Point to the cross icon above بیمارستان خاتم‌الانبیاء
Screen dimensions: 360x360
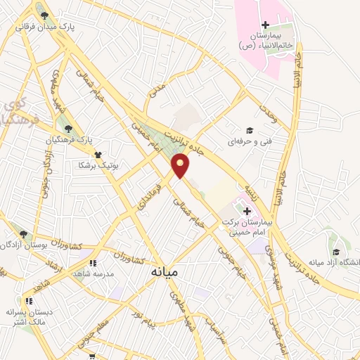pyautogui.click(x=264, y=25)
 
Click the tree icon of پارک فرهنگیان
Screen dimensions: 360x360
pyautogui.click(x=68, y=129)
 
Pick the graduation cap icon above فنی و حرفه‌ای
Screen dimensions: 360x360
pyautogui.click(x=248, y=130)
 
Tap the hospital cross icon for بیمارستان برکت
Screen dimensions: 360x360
pyautogui.click(x=247, y=210)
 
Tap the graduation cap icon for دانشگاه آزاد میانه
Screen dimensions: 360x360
pyautogui.click(x=337, y=252)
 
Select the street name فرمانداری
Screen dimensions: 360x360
pyautogui.click(x=151, y=194)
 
